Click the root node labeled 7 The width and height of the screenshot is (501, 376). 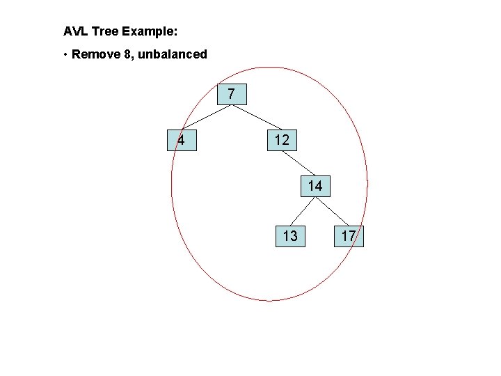pyautogui.click(x=232, y=94)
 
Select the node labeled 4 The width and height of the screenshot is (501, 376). pyautogui.click(x=181, y=140)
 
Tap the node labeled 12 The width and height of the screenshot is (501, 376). pyautogui.click(x=282, y=140)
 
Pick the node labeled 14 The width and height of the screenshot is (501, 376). pyautogui.click(x=315, y=186)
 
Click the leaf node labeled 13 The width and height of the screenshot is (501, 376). pyautogui.click(x=290, y=236)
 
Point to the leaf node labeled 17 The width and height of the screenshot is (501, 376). pyautogui.click(x=349, y=236)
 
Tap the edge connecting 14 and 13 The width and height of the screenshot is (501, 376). pyautogui.click(x=303, y=210)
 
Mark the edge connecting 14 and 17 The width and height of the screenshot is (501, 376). pyautogui.click(x=331, y=210)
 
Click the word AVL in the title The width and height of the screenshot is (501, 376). pyautogui.click(x=74, y=31)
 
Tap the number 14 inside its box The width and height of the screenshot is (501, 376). pyautogui.click(x=315, y=186)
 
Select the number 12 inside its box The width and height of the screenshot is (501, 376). pyautogui.click(x=282, y=140)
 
